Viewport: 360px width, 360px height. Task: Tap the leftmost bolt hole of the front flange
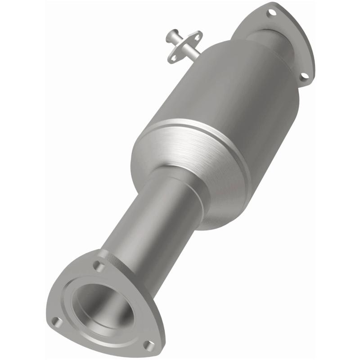pyautogui.click(x=56, y=321)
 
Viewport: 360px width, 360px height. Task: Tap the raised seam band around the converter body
pyautogui.click(x=189, y=130)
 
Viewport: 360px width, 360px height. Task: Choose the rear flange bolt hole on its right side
pyautogui.click(x=304, y=76)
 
